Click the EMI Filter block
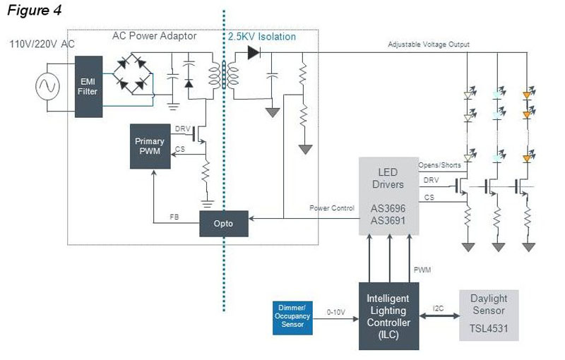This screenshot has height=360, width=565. [88, 87]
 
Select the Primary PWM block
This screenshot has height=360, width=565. [149, 146]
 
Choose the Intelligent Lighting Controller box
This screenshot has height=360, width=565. [388, 316]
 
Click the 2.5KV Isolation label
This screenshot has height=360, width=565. [261, 36]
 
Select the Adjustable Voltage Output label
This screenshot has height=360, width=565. [429, 44]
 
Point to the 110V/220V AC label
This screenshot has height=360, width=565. [42, 44]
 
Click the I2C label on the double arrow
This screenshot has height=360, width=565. [438, 308]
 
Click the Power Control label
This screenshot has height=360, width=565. [331, 208]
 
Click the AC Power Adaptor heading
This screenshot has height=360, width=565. [153, 36]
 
